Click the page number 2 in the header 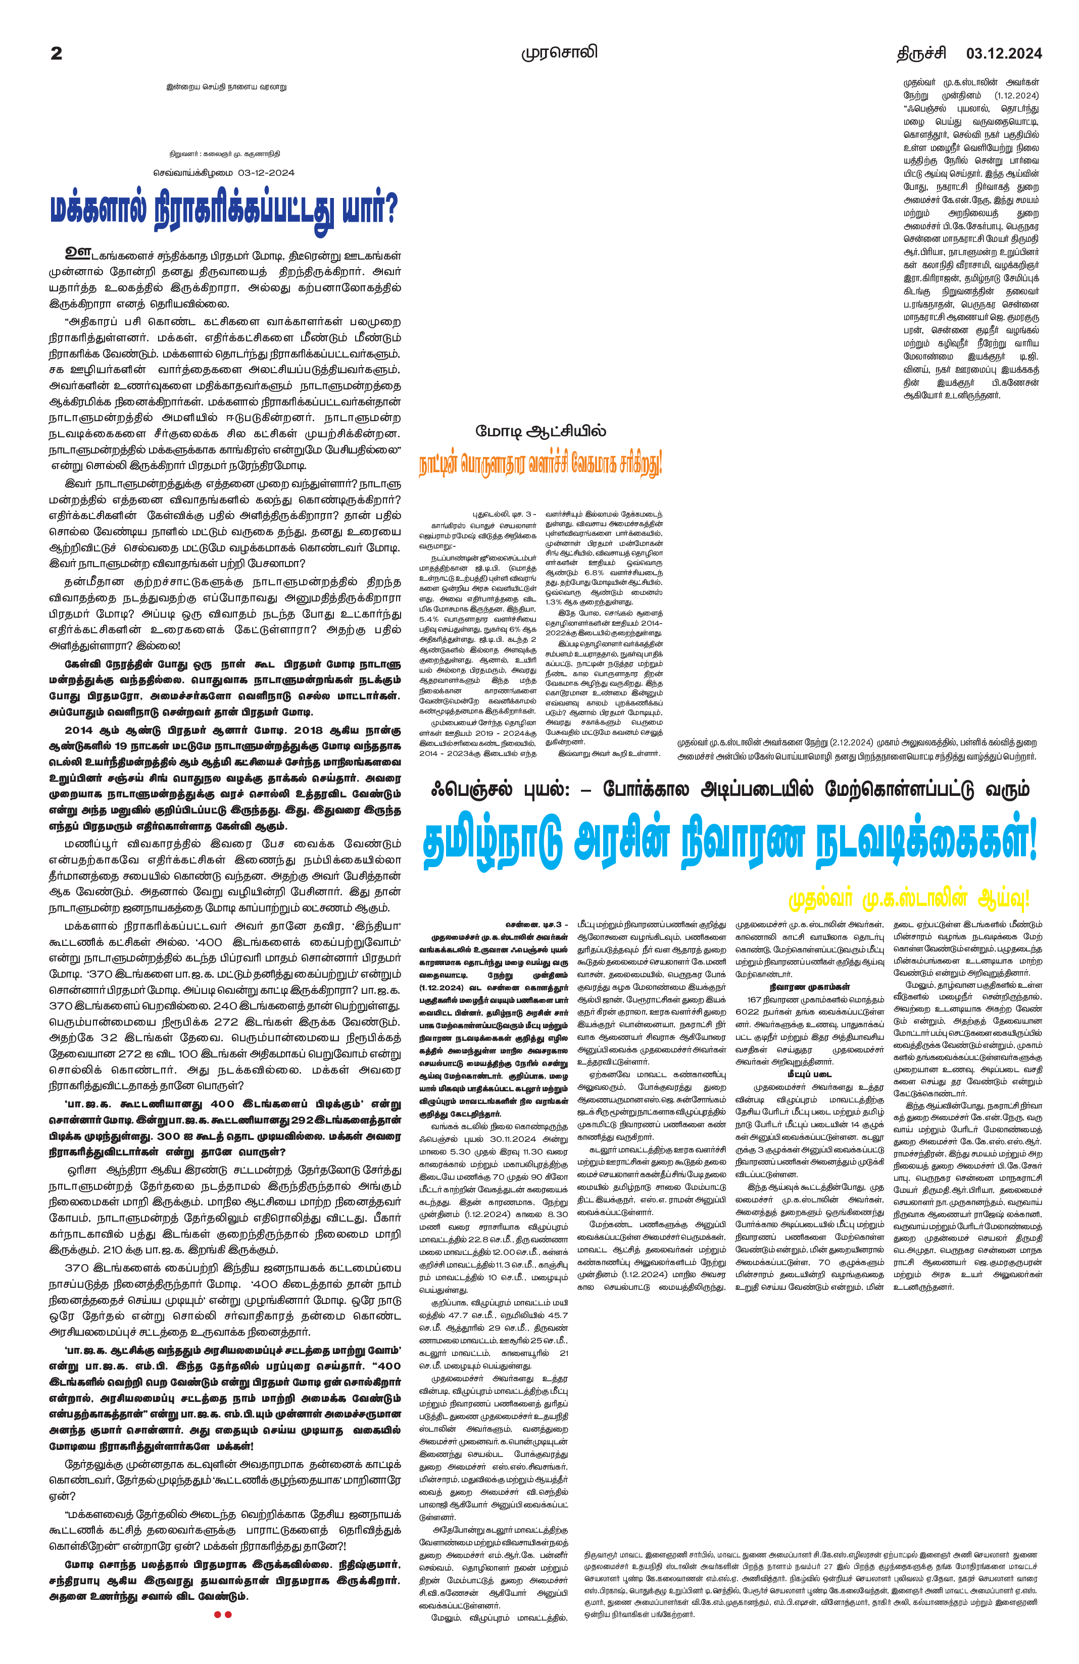(57, 53)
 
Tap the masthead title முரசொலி (559, 53)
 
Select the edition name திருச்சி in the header (922, 53)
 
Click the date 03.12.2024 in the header (1003, 53)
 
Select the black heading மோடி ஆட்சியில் (541, 431)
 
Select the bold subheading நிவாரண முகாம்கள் (809, 986)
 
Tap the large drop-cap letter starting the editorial (78, 251)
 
